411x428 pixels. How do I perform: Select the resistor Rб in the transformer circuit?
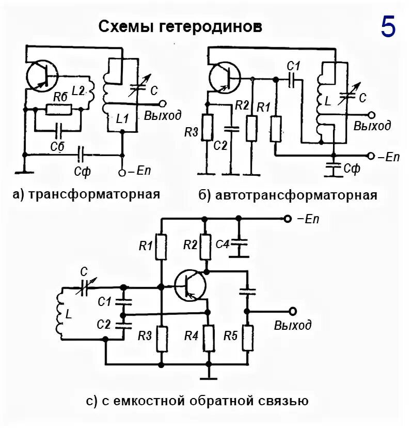click(x=58, y=109)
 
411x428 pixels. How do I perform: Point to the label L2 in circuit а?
click(x=78, y=90)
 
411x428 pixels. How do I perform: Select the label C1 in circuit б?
click(x=293, y=66)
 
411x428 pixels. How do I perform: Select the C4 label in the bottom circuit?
click(x=223, y=244)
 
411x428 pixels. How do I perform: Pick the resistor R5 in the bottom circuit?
click(x=247, y=337)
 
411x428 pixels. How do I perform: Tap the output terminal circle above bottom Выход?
click(x=293, y=311)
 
